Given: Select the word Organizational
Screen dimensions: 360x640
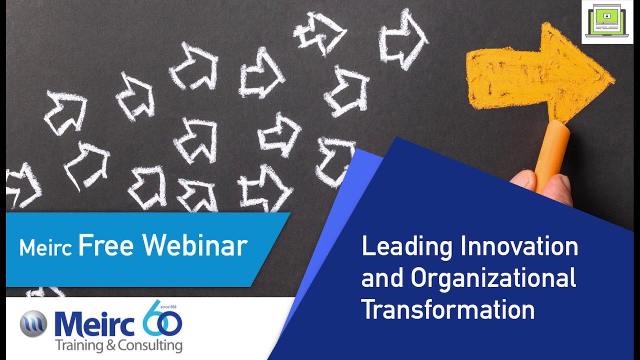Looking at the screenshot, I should click(493, 278).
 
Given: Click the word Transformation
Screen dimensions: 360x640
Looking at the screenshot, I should click(448, 309).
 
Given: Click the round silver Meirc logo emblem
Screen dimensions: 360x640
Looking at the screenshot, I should click(33, 323).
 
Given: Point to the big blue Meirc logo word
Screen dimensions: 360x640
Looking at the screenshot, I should click(95, 324).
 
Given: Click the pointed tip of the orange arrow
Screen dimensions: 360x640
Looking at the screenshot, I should click(611, 77).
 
